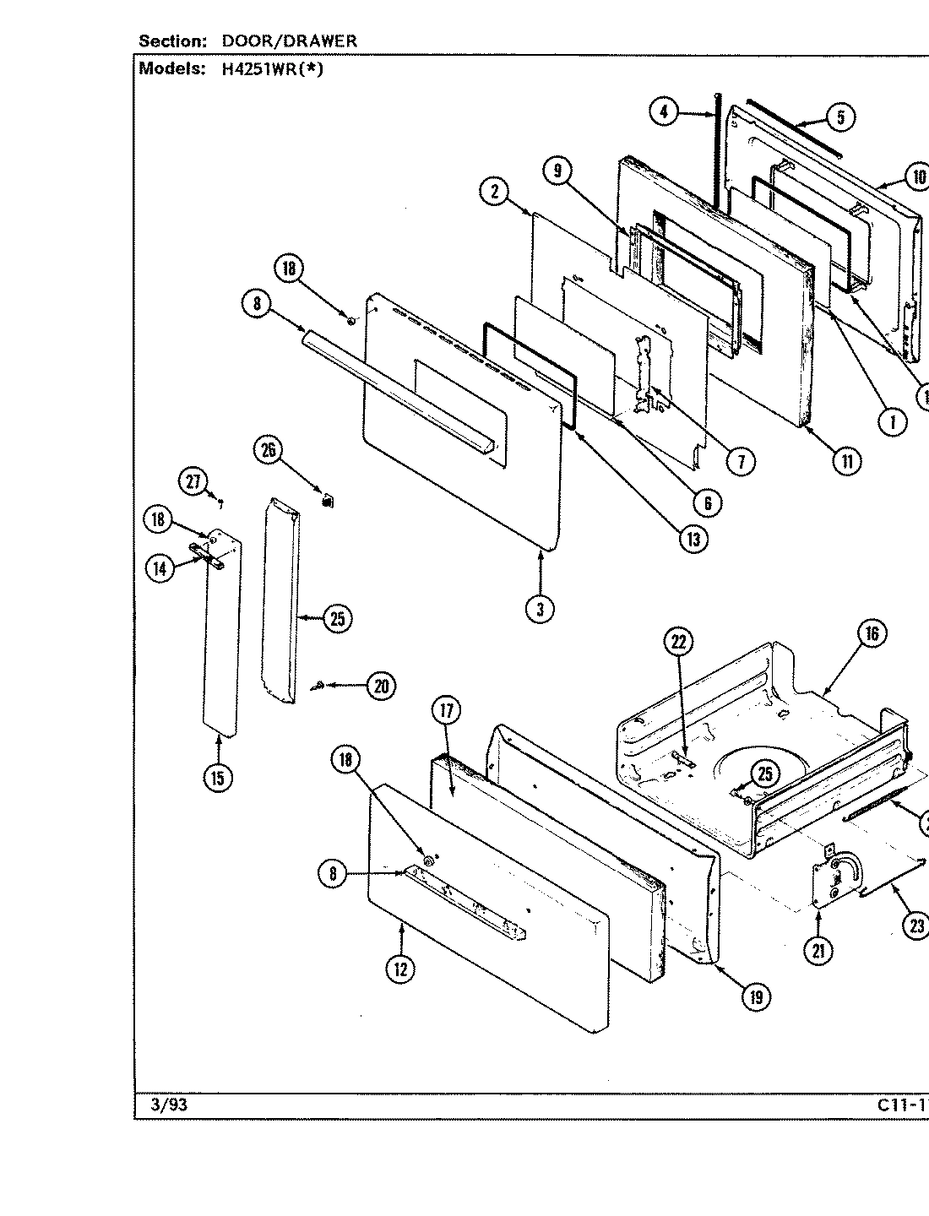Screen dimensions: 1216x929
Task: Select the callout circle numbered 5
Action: click(x=839, y=117)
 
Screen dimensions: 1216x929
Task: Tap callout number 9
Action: click(x=557, y=171)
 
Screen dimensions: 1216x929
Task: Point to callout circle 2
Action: click(x=493, y=191)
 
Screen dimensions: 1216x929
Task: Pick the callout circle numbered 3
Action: click(x=540, y=608)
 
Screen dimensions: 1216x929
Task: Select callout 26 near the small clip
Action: click(x=269, y=450)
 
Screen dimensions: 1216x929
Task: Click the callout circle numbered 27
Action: click(x=193, y=481)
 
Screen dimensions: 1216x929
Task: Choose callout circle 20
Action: click(x=381, y=687)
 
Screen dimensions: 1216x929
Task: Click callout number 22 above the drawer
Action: click(x=679, y=643)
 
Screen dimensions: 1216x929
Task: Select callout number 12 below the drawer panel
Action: click(x=400, y=969)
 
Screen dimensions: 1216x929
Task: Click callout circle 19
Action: click(x=756, y=997)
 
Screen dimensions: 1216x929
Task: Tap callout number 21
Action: click(x=818, y=951)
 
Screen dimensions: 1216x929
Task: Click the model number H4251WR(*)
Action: click(x=272, y=70)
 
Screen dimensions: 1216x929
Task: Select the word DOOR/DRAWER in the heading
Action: click(x=289, y=41)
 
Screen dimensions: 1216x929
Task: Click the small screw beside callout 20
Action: click(x=318, y=687)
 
